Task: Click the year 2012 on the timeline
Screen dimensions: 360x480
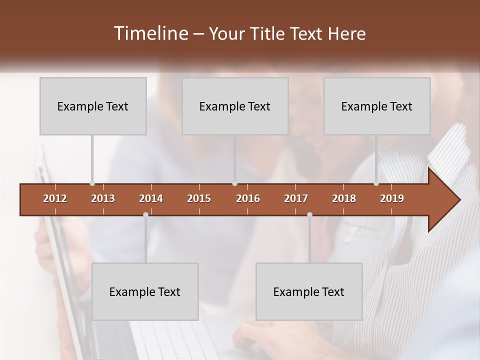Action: tap(55, 198)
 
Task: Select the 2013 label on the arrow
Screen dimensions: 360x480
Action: tap(103, 198)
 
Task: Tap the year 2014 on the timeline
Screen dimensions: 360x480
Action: tap(151, 198)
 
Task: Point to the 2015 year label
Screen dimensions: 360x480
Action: tap(199, 198)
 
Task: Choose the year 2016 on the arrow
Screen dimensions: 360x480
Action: tap(248, 198)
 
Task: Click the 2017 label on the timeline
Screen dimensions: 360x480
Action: tap(296, 198)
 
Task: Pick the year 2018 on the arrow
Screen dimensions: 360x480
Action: tap(344, 198)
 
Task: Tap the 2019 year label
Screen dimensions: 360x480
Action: tap(392, 198)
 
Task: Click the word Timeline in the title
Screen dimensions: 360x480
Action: tap(150, 33)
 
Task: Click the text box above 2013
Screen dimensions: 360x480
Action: tap(93, 106)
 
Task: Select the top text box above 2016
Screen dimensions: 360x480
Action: tap(235, 106)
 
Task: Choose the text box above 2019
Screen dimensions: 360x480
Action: tap(377, 106)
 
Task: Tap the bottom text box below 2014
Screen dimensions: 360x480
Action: tap(145, 291)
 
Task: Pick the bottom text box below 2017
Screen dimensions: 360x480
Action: tap(309, 291)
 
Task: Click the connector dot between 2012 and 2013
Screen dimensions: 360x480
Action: tap(92, 183)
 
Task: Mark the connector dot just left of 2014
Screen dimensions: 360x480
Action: tap(145, 214)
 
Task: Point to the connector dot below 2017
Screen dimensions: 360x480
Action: tap(309, 214)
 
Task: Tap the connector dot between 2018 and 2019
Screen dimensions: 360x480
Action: tap(376, 183)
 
